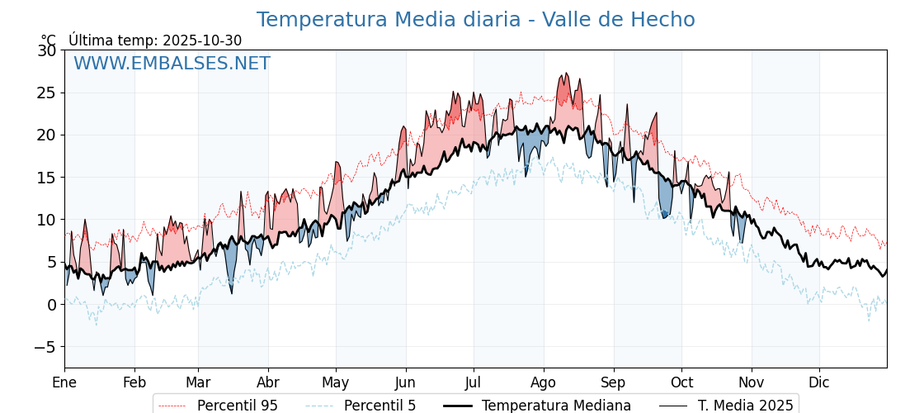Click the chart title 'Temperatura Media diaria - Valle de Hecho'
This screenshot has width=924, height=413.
475,20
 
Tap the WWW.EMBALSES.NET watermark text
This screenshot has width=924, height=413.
172,64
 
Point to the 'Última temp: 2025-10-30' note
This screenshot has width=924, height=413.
155,40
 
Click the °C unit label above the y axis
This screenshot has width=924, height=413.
48,40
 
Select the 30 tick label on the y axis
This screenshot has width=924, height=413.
47,50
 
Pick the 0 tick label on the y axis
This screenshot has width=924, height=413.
51,305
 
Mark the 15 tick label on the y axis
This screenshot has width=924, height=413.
47,178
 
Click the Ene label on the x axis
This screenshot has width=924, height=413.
64,382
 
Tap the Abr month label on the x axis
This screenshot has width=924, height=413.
268,382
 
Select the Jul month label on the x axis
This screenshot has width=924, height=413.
474,382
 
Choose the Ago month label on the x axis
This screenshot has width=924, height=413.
543,382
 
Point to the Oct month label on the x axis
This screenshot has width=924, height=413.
681,382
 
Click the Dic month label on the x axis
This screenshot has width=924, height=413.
819,382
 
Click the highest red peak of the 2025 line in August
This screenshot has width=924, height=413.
566,74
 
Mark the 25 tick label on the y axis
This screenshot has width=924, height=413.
47,93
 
